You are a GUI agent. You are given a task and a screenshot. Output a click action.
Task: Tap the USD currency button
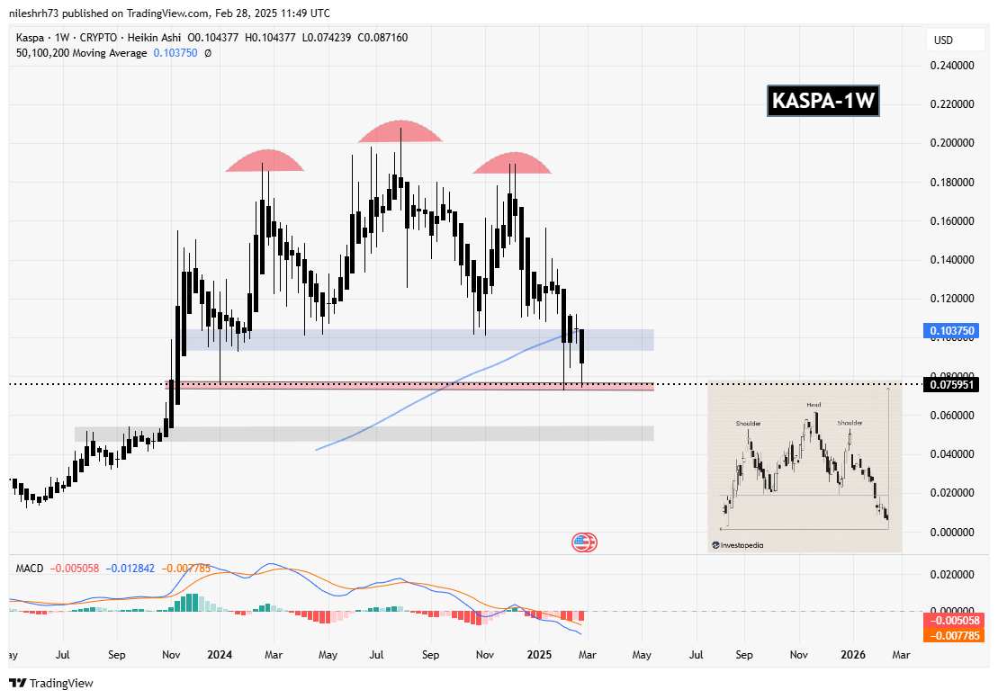pyautogui.click(x=943, y=40)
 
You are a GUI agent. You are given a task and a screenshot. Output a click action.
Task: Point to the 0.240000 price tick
pyautogui.click(x=951, y=66)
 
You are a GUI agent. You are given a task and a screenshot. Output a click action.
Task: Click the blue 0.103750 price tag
pyautogui.click(x=952, y=331)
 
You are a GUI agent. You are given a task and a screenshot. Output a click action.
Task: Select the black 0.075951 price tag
pyautogui.click(x=952, y=385)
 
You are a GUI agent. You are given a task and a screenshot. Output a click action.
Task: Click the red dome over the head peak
pyautogui.click(x=400, y=132)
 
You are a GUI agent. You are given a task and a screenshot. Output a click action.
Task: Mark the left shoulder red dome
pyautogui.click(x=265, y=161)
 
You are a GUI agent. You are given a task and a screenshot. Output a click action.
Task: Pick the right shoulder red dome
pyautogui.click(x=512, y=164)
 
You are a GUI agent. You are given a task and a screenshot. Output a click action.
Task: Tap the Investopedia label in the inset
pyautogui.click(x=742, y=544)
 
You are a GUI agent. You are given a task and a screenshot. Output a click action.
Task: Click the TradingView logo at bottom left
pyautogui.click(x=51, y=683)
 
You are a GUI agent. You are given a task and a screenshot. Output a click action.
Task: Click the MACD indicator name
pyautogui.click(x=30, y=568)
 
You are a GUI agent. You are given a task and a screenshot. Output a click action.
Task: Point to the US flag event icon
pyautogui.click(x=584, y=542)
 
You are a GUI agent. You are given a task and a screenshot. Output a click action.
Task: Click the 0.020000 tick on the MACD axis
pyautogui.click(x=951, y=574)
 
